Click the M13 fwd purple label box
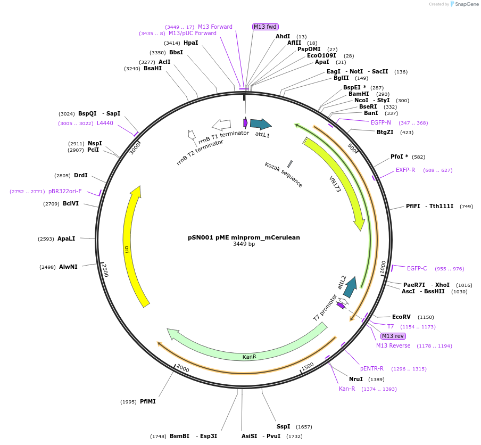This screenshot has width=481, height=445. click(266, 27)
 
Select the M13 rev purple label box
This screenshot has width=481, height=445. click(393, 336)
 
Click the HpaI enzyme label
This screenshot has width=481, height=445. click(190, 43)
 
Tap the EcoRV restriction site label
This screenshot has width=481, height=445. click(402, 317)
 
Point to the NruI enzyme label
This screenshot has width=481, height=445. click(355, 379)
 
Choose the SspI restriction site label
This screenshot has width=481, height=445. click(283, 426)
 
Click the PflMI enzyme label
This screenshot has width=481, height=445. click(147, 401)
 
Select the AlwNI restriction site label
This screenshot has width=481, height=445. click(68, 267)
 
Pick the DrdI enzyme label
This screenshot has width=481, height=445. click(81, 175)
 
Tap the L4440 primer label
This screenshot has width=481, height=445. click(105, 123)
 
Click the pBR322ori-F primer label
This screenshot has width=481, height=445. click(65, 191)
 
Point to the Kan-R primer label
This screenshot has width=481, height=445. click(347, 389)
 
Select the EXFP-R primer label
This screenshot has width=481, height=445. click(405, 170)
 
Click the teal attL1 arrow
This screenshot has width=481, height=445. click(261, 124)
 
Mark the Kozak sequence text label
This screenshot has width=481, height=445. click(284, 175)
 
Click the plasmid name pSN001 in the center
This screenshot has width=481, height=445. click(244, 237)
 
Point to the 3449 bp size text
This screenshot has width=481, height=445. click(244, 244)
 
